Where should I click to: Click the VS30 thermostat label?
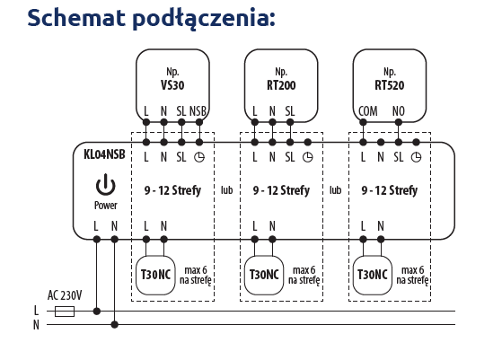(172, 85)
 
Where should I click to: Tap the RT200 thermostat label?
(281, 85)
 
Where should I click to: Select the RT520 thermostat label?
(390, 85)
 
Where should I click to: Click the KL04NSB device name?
(104, 154)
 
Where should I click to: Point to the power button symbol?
(106, 185)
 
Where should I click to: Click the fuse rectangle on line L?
(65, 311)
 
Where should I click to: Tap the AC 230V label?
(65, 295)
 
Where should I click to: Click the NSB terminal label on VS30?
(198, 111)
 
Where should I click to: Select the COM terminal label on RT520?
(368, 111)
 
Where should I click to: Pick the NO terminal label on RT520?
(399, 111)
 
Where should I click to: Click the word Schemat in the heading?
(76, 18)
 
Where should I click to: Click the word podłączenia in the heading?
(204, 19)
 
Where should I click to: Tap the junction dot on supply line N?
(115, 325)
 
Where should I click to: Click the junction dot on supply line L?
(97, 311)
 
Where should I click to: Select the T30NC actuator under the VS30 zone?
(155, 275)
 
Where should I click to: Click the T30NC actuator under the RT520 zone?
(373, 275)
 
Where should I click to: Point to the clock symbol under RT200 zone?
(308, 157)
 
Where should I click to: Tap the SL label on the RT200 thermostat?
(290, 111)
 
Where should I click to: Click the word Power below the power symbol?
(106, 205)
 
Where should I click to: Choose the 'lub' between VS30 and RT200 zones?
(226, 190)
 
